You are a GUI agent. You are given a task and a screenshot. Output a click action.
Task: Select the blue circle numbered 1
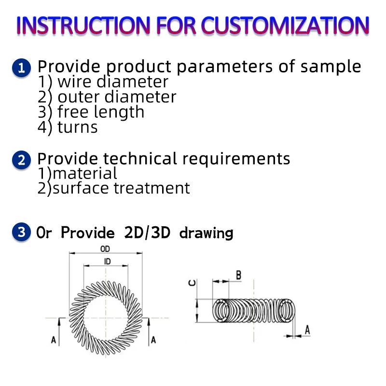(21, 68)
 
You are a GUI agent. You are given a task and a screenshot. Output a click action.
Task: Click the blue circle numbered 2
(21, 159)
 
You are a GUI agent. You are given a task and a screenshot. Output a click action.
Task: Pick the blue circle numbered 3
(21, 232)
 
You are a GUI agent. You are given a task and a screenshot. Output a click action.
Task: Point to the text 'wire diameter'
(112, 82)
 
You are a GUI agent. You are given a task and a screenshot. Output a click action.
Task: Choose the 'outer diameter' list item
(116, 97)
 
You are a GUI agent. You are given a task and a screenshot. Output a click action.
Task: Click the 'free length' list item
(100, 112)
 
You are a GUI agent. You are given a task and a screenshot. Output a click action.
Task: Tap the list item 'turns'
(77, 127)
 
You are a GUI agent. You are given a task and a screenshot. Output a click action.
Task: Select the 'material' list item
(84, 173)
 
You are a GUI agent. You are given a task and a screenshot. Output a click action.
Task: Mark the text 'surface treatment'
(121, 188)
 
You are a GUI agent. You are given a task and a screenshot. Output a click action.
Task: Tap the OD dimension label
(105, 249)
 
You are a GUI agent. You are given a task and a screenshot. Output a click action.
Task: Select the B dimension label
(238, 275)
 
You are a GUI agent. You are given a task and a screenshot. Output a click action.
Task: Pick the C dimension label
(192, 283)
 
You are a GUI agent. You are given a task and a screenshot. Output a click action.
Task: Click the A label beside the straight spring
(307, 330)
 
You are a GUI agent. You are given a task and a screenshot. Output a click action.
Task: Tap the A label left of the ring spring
(54, 340)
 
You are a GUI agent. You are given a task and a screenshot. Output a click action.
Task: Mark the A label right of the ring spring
(153, 340)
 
